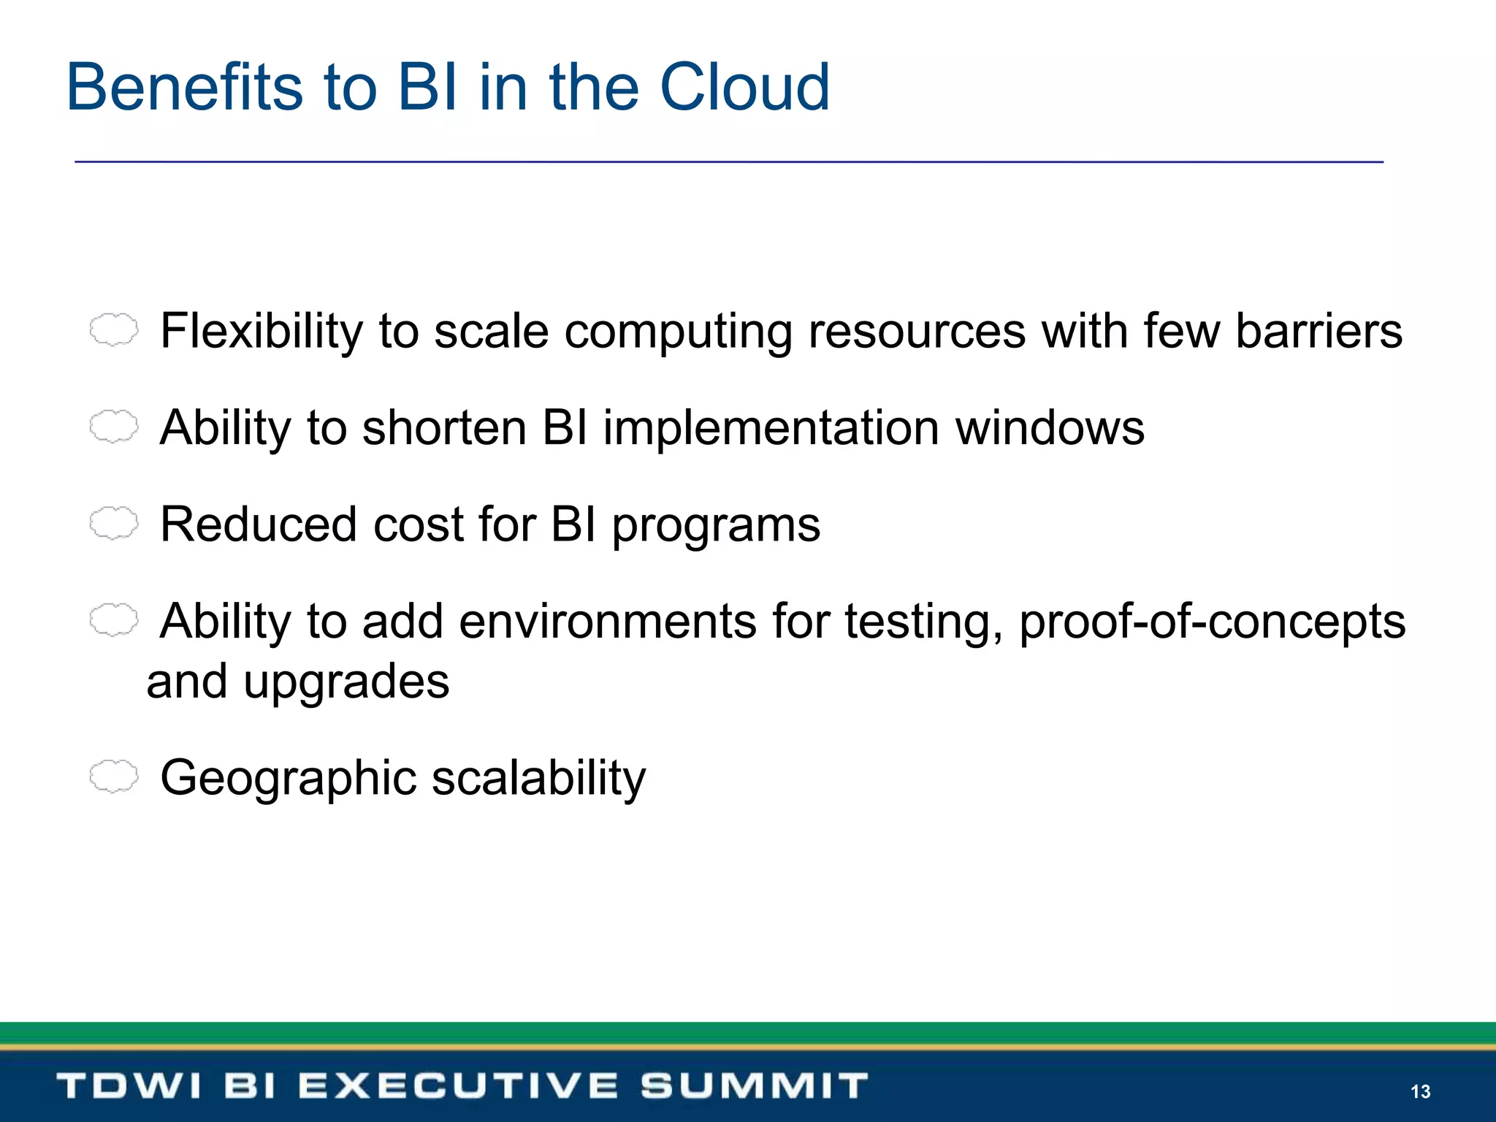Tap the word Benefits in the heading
[x=183, y=88]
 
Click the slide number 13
[x=1420, y=1091]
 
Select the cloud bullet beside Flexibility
[x=113, y=329]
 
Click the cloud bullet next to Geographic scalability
[x=113, y=776]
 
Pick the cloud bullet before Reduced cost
[x=113, y=523]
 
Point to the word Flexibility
[x=261, y=331]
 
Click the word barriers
[x=1318, y=331]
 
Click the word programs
[x=716, y=526]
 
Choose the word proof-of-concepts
[x=1212, y=622]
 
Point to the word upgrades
[x=346, y=683]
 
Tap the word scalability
[x=538, y=779]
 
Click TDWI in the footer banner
[x=129, y=1085]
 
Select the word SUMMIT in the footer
[x=754, y=1085]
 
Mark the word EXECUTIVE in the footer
[x=458, y=1085]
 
